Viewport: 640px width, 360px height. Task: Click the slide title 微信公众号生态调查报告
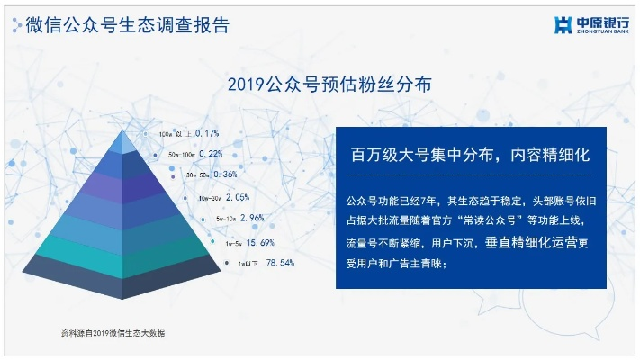pyautogui.click(x=122, y=24)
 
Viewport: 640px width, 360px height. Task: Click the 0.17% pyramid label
pyautogui.click(x=206, y=134)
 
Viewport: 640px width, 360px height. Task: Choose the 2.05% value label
pyautogui.click(x=236, y=196)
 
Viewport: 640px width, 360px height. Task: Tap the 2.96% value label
pyautogui.click(x=250, y=218)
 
